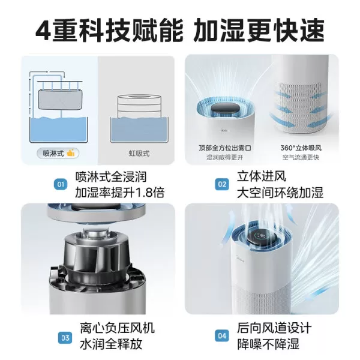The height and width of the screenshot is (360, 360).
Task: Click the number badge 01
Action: tap(60, 185)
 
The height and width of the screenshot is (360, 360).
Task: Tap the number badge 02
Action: tap(222, 185)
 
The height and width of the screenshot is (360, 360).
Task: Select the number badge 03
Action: tap(60, 336)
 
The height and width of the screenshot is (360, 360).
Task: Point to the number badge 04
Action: tap(222, 336)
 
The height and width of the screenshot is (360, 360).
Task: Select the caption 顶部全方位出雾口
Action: tap(222, 148)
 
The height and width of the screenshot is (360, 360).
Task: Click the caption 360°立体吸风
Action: tap(300, 148)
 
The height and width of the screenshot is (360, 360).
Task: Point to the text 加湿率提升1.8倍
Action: tap(111, 193)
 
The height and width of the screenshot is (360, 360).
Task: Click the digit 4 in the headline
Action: tap(43, 29)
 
